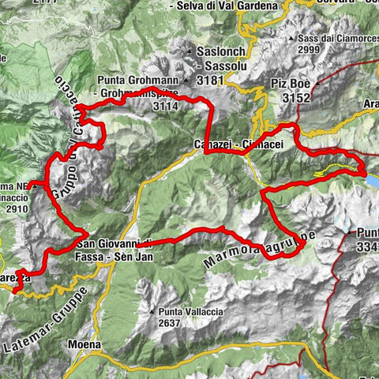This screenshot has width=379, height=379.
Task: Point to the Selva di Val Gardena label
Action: pyautogui.click(x=228, y=6)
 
